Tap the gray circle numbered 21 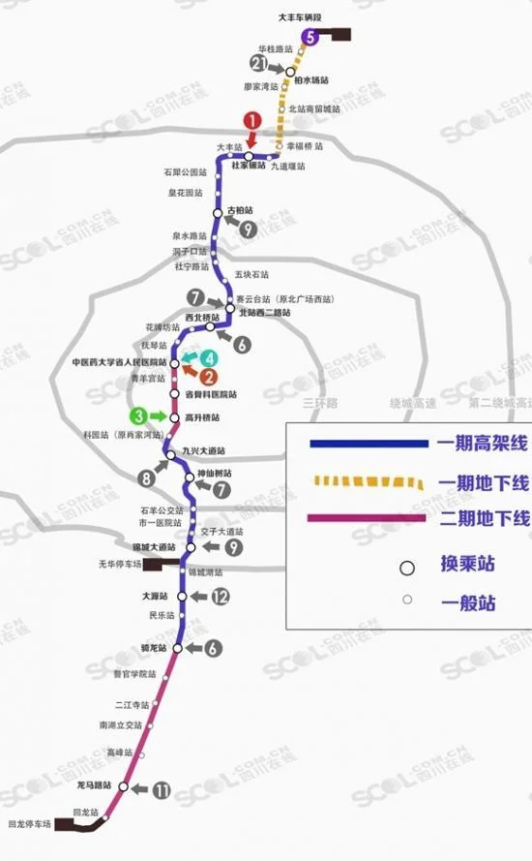[x=257, y=64]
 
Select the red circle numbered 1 [x=251, y=121]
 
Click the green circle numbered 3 [x=141, y=416]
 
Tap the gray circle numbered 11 [x=162, y=790]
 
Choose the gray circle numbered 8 [x=146, y=477]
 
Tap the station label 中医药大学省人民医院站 [x=120, y=362]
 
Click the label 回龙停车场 [x=29, y=824]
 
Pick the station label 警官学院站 [x=134, y=673]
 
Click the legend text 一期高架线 [x=481, y=445]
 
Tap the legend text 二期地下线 [x=481, y=519]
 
